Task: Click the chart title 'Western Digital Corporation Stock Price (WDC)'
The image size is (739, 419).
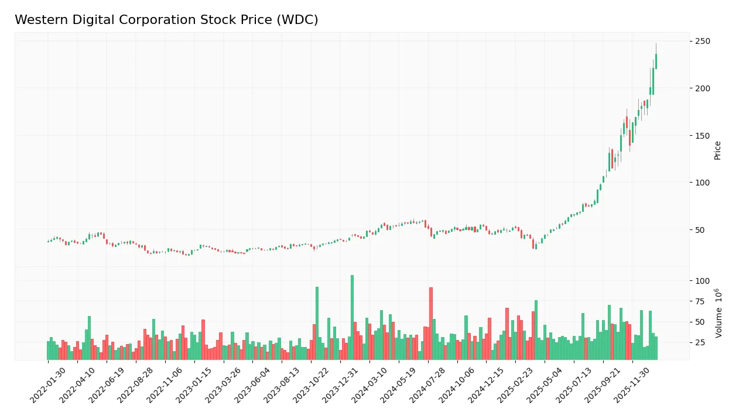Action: pyautogui.click(x=166, y=20)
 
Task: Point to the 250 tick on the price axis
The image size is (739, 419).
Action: pyautogui.click(x=702, y=42)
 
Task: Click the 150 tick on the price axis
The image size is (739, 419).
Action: pyautogui.click(x=702, y=136)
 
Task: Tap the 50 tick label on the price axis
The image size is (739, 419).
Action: pyautogui.click(x=700, y=230)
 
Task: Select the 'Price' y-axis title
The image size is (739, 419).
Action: pyautogui.click(x=717, y=150)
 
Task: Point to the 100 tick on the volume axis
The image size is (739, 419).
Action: pyautogui.click(x=702, y=281)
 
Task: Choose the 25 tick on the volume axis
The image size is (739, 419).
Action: pyautogui.click(x=700, y=342)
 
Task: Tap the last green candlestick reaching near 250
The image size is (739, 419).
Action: pyautogui.click(x=656, y=61)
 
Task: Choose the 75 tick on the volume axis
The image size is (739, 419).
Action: pyautogui.click(x=700, y=301)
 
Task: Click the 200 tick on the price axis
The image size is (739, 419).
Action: pyautogui.click(x=702, y=88)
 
